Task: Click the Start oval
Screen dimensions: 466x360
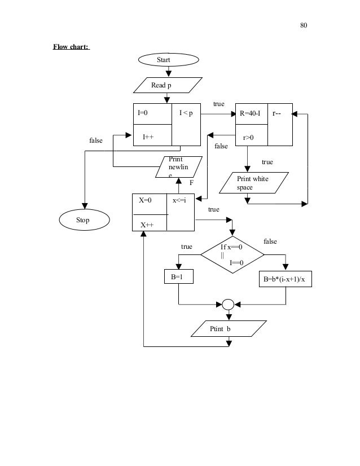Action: [168, 59]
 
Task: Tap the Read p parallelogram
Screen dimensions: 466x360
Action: [167, 85]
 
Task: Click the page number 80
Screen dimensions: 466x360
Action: [304, 25]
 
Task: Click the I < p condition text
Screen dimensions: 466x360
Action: [186, 113]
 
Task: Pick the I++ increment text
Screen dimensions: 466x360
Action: [148, 137]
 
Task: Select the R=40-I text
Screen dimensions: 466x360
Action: [250, 113]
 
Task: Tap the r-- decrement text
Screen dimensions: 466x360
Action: [278, 113]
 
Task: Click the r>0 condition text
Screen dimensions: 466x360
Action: [248, 137]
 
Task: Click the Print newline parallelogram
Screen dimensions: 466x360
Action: [180, 166]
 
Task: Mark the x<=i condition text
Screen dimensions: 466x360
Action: [179, 200]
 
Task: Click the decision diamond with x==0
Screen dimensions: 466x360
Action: [232, 254]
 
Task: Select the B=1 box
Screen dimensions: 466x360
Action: [178, 277]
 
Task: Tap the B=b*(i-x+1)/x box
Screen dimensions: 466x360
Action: [286, 277]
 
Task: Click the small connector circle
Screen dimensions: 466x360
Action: [228, 304]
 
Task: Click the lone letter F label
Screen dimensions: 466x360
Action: [191, 183]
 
